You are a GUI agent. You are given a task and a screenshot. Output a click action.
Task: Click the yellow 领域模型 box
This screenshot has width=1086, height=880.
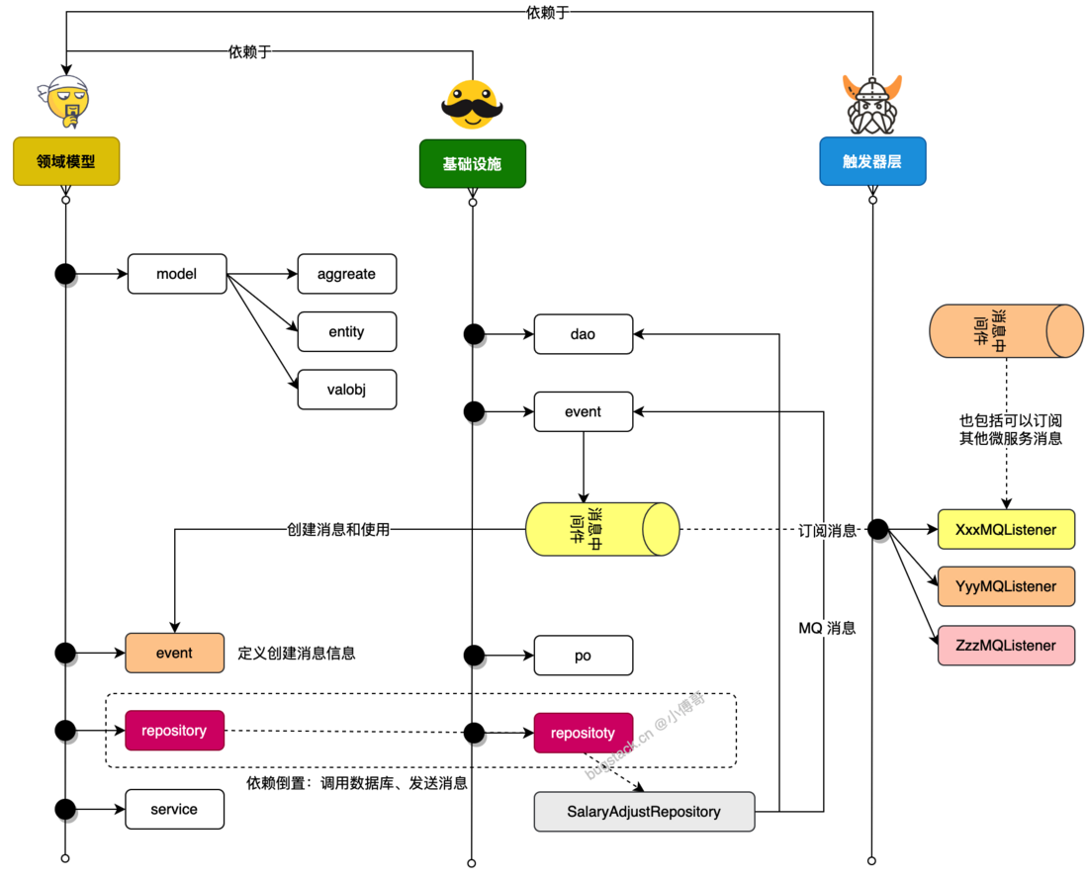click(66, 161)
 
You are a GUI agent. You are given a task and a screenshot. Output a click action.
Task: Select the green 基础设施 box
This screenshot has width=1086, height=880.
click(473, 164)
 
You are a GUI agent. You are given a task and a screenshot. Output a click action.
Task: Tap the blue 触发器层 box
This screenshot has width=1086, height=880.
click(872, 161)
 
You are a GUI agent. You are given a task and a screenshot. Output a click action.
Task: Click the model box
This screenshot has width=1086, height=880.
click(177, 274)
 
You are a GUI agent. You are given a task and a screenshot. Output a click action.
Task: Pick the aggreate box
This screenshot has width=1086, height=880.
click(347, 274)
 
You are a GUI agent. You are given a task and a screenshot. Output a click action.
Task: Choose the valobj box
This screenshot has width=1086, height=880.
click(347, 390)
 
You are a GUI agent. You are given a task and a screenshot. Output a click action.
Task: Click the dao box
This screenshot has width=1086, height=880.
click(584, 334)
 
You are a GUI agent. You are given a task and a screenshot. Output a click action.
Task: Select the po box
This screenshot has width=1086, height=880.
click(584, 656)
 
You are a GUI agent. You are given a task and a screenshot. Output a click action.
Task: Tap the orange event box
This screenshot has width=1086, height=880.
click(174, 653)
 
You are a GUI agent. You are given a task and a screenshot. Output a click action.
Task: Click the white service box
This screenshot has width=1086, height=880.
click(174, 810)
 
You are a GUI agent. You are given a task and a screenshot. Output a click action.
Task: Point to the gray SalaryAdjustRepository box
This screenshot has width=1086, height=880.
click(644, 812)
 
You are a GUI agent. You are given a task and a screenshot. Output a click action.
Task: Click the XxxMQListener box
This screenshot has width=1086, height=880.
click(1006, 530)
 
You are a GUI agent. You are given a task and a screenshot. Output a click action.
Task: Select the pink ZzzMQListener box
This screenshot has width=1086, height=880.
click(1006, 646)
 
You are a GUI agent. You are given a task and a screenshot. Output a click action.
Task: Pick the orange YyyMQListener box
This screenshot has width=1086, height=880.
click(1006, 586)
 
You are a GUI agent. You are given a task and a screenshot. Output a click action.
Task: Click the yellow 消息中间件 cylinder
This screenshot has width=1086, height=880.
click(602, 530)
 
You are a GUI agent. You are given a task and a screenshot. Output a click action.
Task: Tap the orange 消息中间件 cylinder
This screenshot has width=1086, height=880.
click(1006, 331)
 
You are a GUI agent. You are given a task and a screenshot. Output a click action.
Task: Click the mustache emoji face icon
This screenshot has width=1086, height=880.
click(473, 105)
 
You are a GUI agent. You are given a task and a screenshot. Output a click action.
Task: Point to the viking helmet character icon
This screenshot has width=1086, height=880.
click(872, 105)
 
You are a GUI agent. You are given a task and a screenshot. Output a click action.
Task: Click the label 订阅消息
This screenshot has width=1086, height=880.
click(827, 531)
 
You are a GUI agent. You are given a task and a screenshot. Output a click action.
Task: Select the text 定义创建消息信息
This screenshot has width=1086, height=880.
click(297, 653)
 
